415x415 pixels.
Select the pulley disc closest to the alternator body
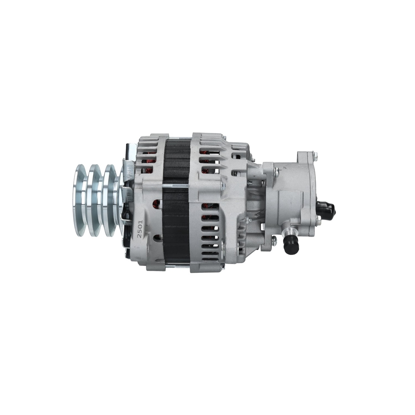coord(110,200)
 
